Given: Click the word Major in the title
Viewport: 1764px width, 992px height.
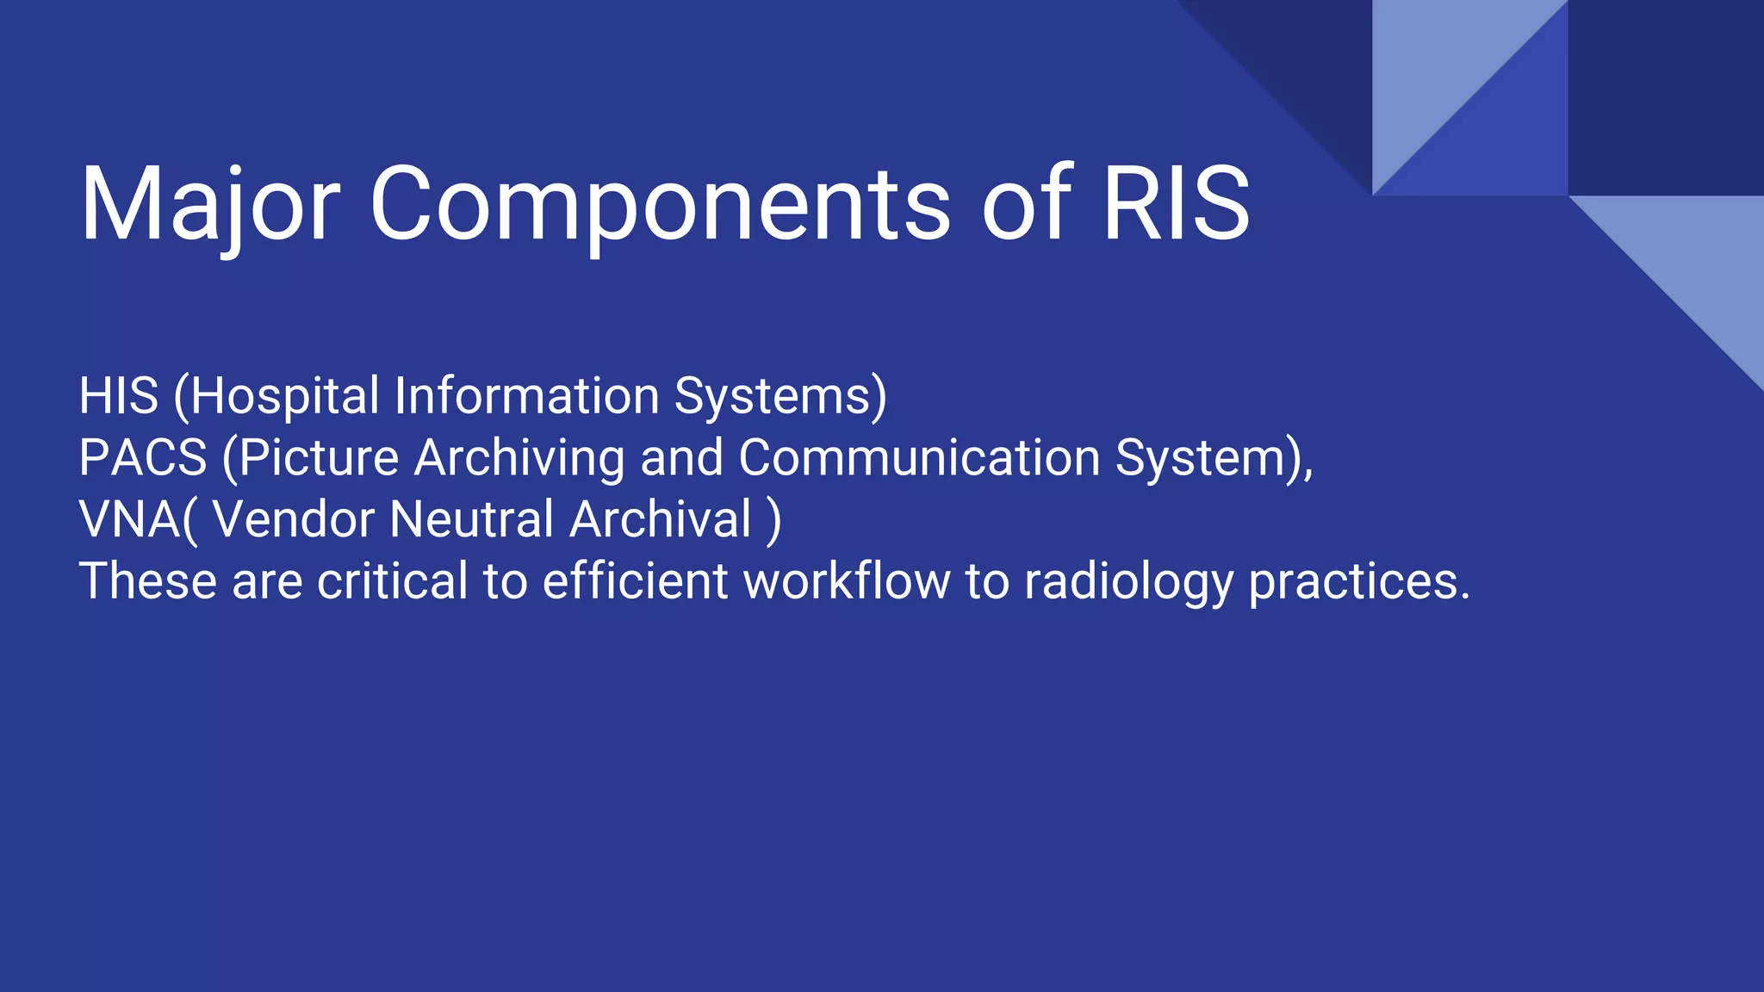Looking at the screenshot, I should (209, 205).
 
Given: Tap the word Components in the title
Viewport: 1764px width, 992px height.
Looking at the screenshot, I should (659, 205).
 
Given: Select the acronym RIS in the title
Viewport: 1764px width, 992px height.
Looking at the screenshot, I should (1176, 205).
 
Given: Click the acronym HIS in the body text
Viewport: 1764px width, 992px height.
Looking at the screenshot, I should (119, 396).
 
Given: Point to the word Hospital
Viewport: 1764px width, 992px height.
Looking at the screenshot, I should (285, 396).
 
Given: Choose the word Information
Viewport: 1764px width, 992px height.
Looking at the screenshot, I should (526, 396).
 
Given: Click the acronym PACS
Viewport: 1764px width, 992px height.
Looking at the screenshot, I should (143, 457).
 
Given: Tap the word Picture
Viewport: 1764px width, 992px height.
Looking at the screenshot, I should (318, 457).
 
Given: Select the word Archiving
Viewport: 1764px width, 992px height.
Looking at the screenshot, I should (519, 457).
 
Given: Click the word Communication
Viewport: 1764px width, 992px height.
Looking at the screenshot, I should (918, 457).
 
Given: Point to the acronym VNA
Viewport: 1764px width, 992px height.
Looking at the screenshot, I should (129, 519).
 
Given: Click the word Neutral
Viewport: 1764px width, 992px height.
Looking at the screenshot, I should (471, 519).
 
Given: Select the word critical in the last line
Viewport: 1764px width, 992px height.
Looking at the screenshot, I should (392, 581).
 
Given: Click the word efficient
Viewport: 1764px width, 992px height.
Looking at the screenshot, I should (635, 581).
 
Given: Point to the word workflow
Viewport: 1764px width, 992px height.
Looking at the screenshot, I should (846, 581).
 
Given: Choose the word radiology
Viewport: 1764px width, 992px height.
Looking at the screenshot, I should (1128, 581).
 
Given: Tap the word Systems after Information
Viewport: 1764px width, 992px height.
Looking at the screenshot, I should (773, 396).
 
